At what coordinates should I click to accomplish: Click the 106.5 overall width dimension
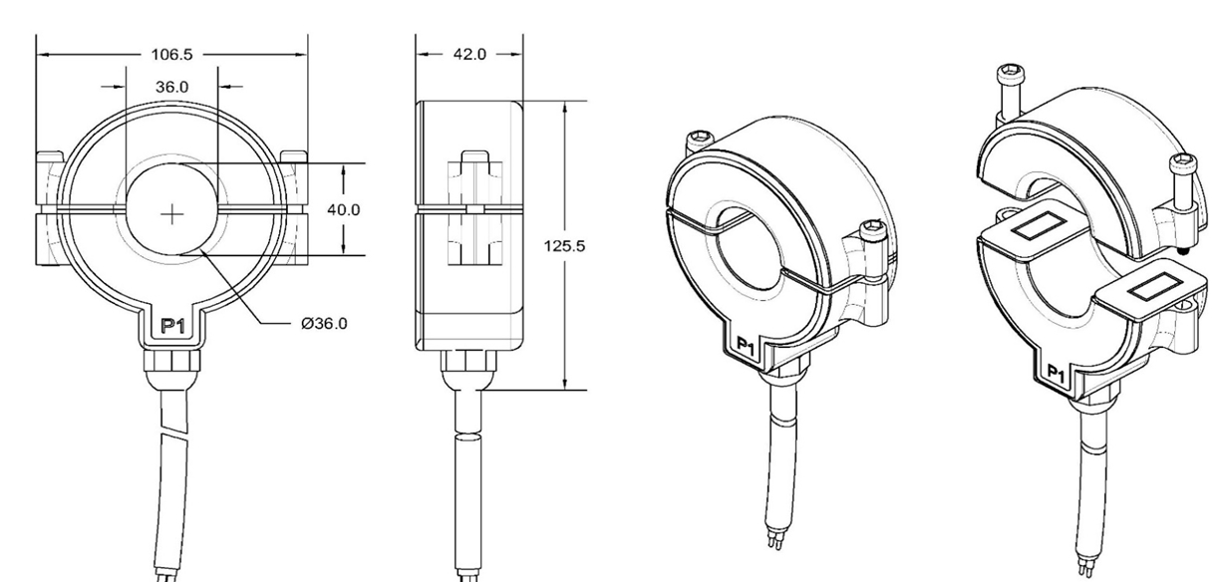click(171, 55)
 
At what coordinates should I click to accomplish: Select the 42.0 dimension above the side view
click(468, 55)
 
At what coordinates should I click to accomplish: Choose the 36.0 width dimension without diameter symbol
click(171, 87)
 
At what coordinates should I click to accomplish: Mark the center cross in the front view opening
click(172, 212)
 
